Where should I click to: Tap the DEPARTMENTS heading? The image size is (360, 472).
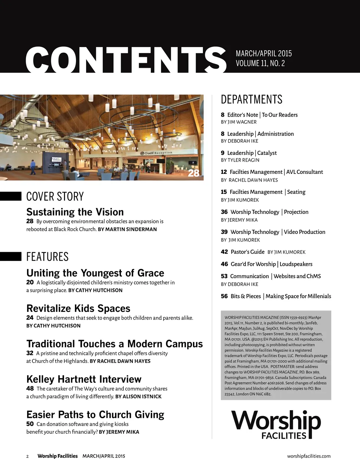(251, 99)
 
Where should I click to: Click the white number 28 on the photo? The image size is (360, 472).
(194, 173)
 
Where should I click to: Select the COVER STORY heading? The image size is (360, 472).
(55, 196)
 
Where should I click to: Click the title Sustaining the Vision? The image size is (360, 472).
(75, 212)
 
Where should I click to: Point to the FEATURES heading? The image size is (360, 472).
(47, 257)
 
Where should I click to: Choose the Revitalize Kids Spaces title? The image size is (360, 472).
(78, 308)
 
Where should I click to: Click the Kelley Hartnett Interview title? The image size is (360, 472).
(84, 379)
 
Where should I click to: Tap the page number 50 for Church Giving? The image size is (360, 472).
(30, 424)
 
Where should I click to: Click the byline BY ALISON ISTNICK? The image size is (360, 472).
(139, 396)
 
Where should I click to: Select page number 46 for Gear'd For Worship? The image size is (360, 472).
(224, 264)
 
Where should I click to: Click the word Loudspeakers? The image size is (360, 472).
(296, 264)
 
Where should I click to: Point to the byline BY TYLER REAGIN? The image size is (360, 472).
(240, 160)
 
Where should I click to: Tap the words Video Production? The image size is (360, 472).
(304, 232)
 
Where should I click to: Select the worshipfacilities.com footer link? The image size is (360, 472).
(309, 456)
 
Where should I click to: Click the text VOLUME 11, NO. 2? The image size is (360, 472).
(260, 64)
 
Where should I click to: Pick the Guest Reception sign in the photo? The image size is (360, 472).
(158, 153)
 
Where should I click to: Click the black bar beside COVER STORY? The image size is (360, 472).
(11, 196)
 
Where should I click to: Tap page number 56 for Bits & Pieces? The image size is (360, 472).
(224, 296)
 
